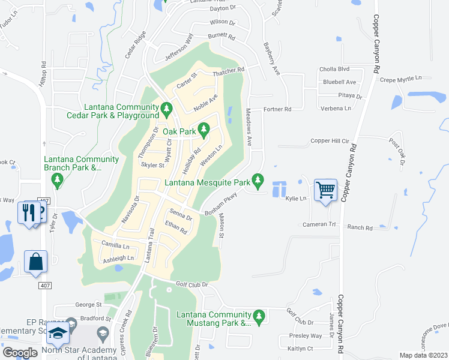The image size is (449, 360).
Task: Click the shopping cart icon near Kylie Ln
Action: (325, 190)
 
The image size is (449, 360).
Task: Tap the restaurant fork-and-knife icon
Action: (28, 212)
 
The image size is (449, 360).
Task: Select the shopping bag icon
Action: (35, 262)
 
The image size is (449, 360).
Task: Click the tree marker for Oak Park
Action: (204, 128)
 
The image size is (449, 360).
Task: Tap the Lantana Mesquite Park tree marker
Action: (258, 179)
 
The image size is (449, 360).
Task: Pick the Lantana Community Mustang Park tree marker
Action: (259, 316)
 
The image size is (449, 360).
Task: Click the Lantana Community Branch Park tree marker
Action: (58, 179)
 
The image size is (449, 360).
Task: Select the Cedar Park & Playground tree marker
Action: (167, 109)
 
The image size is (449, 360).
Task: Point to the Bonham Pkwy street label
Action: (221, 205)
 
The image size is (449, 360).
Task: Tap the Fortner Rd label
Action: (277, 109)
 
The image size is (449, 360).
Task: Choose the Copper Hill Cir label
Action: (330, 141)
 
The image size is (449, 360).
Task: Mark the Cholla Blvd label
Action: (336, 69)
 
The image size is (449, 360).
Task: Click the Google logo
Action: (20, 353)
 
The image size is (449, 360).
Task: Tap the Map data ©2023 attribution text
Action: (423, 355)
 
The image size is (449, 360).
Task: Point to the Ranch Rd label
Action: (360, 228)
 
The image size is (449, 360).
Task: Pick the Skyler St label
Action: (152, 165)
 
